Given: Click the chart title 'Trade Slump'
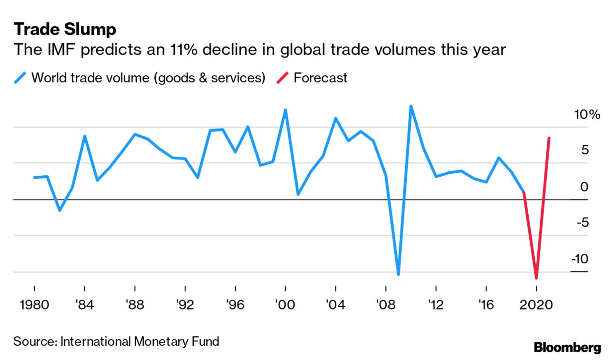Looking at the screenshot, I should pyautogui.click(x=65, y=30).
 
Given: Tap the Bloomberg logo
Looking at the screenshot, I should pyautogui.click(x=567, y=347).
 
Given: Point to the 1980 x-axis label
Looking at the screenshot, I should pyautogui.click(x=34, y=304).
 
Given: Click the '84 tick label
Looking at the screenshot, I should pyautogui.click(x=85, y=304).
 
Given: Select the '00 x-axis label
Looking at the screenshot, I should pyautogui.click(x=285, y=304).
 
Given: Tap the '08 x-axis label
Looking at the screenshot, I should pyautogui.click(x=386, y=304).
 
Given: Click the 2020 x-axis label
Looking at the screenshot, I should pyautogui.click(x=536, y=304).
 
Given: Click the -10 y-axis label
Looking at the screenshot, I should pyautogui.click(x=580, y=259).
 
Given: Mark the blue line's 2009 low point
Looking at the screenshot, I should pyautogui.click(x=398, y=274).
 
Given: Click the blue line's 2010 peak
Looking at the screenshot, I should pyautogui.click(x=411, y=106).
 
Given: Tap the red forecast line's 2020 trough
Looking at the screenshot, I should pyautogui.click(x=536, y=278).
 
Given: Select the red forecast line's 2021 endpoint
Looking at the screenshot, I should pyautogui.click(x=549, y=138).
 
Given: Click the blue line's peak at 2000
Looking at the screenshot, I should pyautogui.click(x=285, y=110).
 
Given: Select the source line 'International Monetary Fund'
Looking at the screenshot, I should pyautogui.click(x=140, y=341).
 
